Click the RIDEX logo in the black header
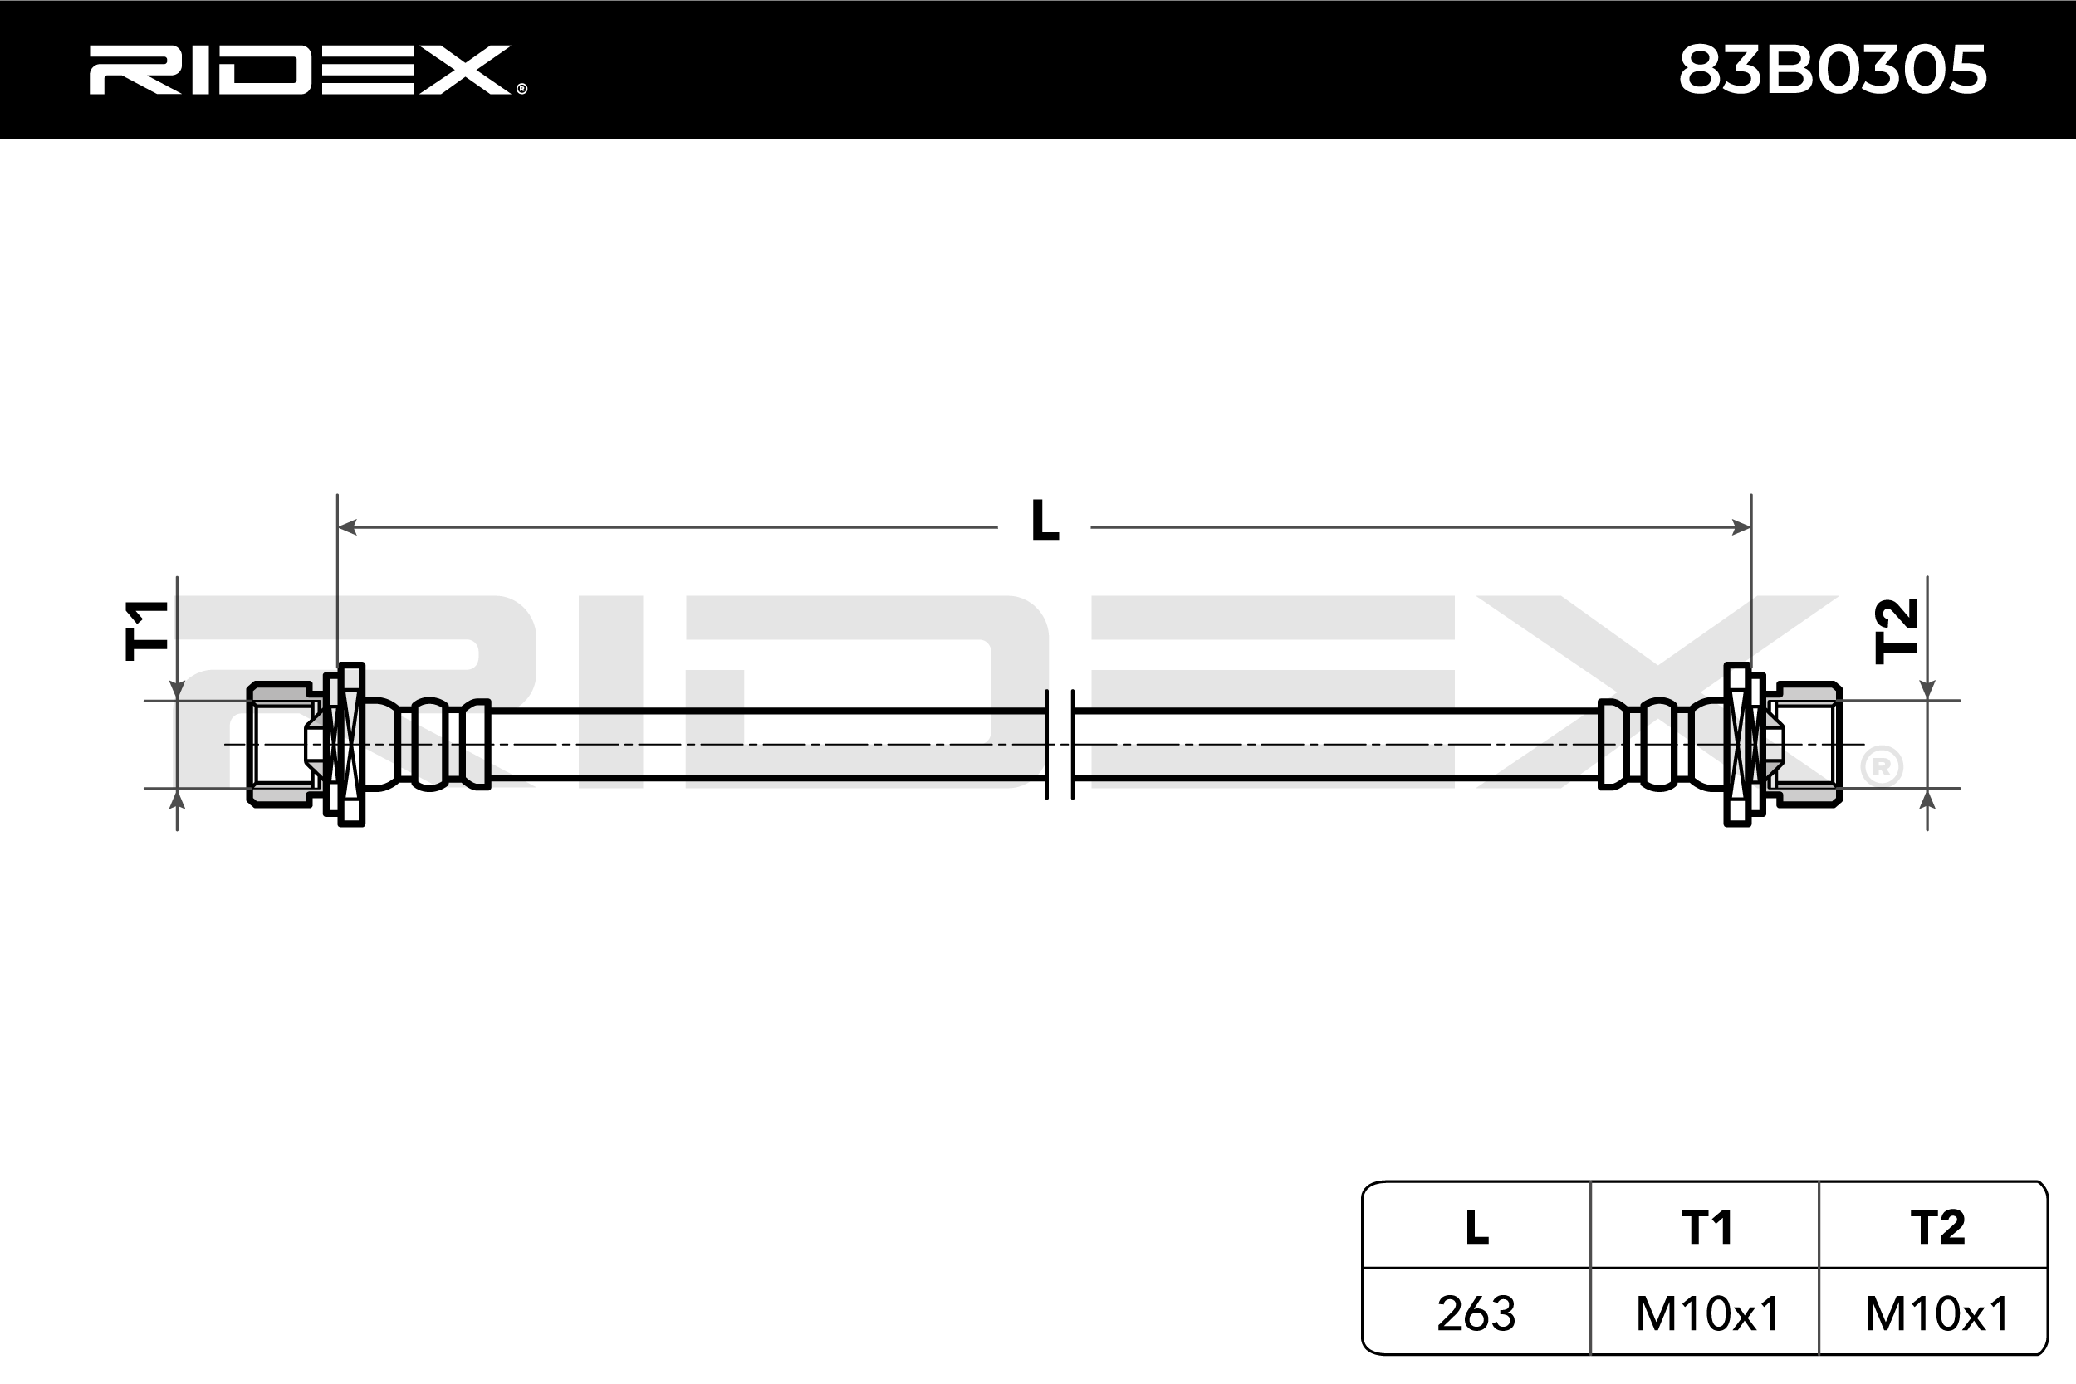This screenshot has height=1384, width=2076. click(x=307, y=70)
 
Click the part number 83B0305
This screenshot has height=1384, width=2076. click(x=1833, y=70)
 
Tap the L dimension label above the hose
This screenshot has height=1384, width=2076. click(x=1045, y=521)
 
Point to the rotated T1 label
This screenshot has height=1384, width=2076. click(x=148, y=630)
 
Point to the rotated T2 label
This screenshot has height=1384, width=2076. click(x=1897, y=630)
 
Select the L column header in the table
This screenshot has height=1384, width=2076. click(x=1477, y=1228)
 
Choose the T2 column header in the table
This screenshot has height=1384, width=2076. click(x=1937, y=1228)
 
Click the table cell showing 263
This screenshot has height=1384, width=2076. click(x=1476, y=1313)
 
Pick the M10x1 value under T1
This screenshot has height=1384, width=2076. click(x=1708, y=1313)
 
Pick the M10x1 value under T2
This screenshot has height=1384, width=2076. click(x=1937, y=1313)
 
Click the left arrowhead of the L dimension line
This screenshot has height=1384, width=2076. click(x=347, y=527)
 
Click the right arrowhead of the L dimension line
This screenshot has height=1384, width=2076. click(x=1741, y=527)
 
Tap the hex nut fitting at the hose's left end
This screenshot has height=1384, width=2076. click(x=281, y=744)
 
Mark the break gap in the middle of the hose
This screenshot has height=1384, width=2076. click(x=1060, y=744)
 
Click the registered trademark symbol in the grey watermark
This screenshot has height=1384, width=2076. click(x=1881, y=766)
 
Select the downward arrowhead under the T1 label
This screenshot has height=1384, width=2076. click(x=178, y=691)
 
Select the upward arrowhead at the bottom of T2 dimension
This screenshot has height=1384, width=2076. click(x=1927, y=798)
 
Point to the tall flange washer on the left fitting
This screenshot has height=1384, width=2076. click(x=351, y=744)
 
